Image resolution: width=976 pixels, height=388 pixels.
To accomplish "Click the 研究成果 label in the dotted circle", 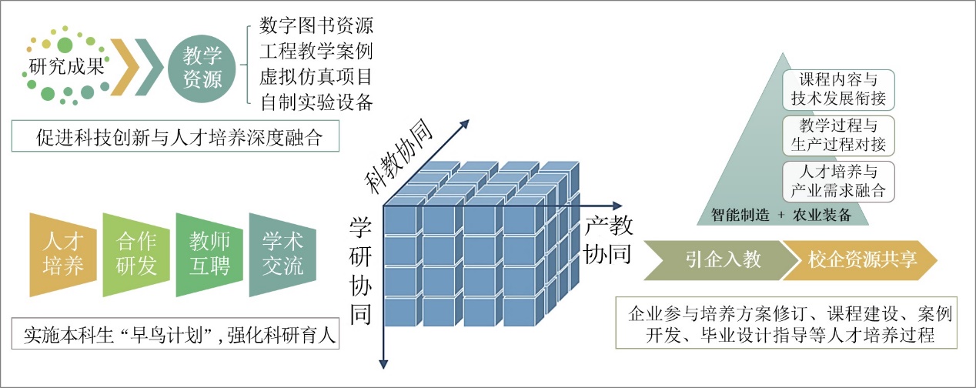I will [65, 65].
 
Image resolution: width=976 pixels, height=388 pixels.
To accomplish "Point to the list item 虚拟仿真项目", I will [316, 76].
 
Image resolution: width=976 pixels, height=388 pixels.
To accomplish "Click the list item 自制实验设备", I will [316, 101].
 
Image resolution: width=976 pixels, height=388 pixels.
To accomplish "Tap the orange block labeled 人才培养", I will [65, 253].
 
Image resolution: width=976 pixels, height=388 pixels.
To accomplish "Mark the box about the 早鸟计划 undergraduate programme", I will [177, 336].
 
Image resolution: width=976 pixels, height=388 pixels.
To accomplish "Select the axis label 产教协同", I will [608, 239].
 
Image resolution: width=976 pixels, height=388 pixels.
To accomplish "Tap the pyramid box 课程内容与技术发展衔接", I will [837, 89].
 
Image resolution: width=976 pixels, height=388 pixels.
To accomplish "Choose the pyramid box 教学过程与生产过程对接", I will [837, 134].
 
